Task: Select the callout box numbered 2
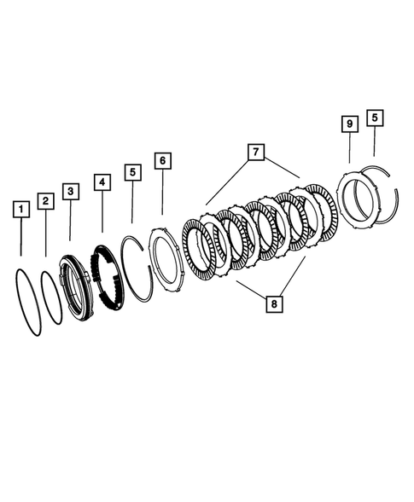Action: click(x=45, y=201)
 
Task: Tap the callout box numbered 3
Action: click(x=71, y=191)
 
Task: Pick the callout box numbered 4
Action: click(x=102, y=182)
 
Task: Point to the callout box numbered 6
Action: click(x=162, y=161)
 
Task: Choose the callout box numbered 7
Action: click(x=253, y=153)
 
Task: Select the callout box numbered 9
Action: click(x=349, y=124)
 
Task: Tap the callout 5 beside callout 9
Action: click(x=375, y=118)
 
